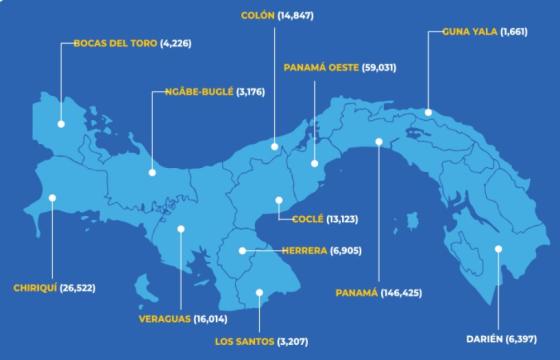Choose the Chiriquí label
[x=35, y=288]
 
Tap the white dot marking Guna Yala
[x=428, y=112]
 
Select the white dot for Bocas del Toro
[x=61, y=124]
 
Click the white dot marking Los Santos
[x=258, y=293]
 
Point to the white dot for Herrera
[x=242, y=250]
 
